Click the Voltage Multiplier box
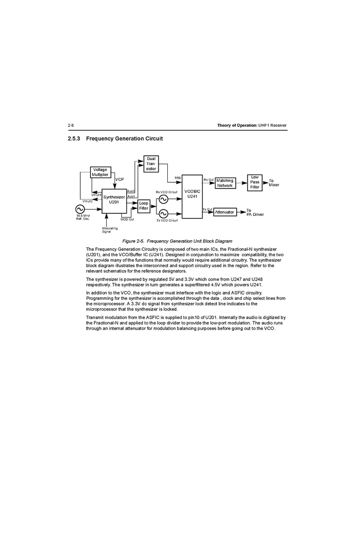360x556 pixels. pyautogui.click(x=100, y=172)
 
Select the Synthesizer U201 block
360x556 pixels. pyautogui.click(x=113, y=199)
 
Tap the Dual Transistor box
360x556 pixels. pyautogui.click(x=151, y=164)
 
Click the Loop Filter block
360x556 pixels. pyautogui.click(x=143, y=206)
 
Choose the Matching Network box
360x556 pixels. pyautogui.click(x=225, y=183)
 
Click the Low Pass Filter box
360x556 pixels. pyautogui.click(x=255, y=182)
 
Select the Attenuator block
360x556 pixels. pyautogui.click(x=224, y=212)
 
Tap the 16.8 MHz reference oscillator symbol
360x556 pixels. pyautogui.click(x=80, y=209)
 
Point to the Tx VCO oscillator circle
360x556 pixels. pyautogui.click(x=163, y=213)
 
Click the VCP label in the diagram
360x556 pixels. pyautogui.click(x=120, y=179)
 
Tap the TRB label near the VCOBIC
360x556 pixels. pyautogui.click(x=177, y=178)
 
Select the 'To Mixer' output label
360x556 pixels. pyautogui.click(x=274, y=183)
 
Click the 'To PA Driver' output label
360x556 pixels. pyautogui.click(x=255, y=212)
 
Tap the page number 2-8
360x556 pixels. pyautogui.click(x=71, y=126)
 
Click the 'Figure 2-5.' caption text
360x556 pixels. pyautogui.click(x=134, y=241)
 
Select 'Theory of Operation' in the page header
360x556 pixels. pyautogui.click(x=237, y=126)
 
